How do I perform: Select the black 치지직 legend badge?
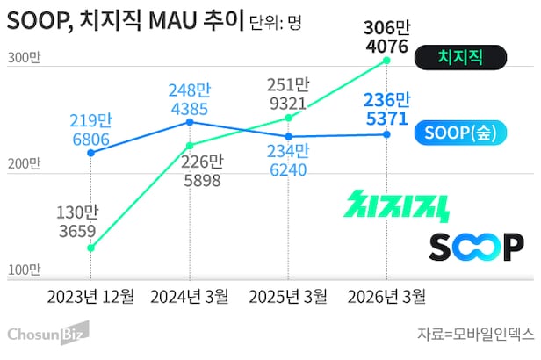tap(461, 59)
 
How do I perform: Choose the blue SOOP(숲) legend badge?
tap(461, 133)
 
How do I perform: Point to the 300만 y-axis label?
tap(24, 59)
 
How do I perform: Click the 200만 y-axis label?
tap(24, 163)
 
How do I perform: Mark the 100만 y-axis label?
tap(24, 270)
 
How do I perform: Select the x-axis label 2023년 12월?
tap(91, 295)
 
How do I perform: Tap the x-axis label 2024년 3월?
tap(191, 295)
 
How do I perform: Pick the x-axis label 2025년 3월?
tap(290, 295)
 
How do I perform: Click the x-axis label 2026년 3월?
tap(388, 295)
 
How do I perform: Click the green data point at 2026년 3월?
tap(387, 60)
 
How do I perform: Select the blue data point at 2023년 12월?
tap(91, 152)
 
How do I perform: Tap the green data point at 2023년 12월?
tap(91, 248)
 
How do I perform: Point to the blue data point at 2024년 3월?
tap(191, 121)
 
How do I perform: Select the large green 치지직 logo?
tap(398, 205)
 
